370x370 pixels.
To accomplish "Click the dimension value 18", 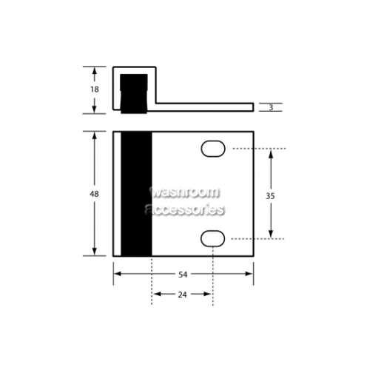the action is coord(95,89).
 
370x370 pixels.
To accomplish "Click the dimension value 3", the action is coord(271,107).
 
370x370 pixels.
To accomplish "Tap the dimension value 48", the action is coord(94,194).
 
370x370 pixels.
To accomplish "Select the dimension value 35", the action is coord(270,196).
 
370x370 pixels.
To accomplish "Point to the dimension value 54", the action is coord(183,275).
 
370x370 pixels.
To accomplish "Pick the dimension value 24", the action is coord(182,295).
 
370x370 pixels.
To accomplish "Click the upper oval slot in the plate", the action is coord(213,149).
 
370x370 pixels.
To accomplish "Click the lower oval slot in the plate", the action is coord(212,239).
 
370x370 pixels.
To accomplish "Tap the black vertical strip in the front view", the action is coord(136,194).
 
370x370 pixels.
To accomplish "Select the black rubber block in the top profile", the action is coord(134,94).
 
